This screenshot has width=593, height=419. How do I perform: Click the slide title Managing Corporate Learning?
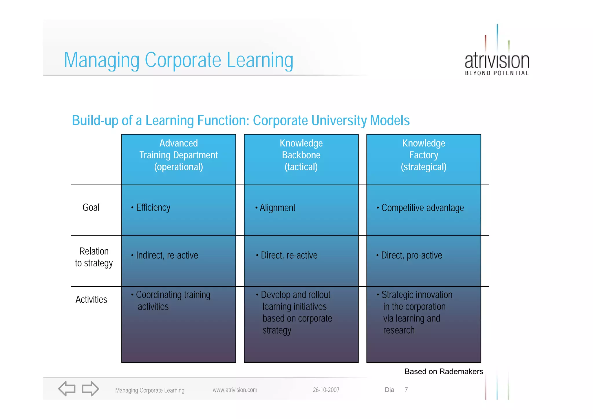pyautogui.click(x=178, y=60)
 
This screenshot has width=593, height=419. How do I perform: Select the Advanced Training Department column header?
pyautogui.click(x=178, y=155)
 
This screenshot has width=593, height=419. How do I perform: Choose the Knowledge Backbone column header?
pyautogui.click(x=301, y=155)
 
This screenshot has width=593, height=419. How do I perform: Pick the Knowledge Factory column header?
pyautogui.click(x=424, y=155)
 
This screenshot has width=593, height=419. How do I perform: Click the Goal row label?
pyautogui.click(x=91, y=208)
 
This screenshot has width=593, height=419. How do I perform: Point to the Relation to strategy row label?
pyautogui.click(x=94, y=257)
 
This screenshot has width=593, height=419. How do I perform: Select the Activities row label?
pyautogui.click(x=91, y=299)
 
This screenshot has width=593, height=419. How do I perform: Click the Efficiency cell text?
pyautogui.click(x=153, y=208)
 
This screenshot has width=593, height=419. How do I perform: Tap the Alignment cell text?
pyautogui.click(x=277, y=208)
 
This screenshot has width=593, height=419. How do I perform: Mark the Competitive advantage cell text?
pyautogui.click(x=422, y=208)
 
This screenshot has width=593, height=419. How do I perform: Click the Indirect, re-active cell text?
pyautogui.click(x=167, y=255)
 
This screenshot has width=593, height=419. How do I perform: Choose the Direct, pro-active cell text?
pyautogui.click(x=411, y=255)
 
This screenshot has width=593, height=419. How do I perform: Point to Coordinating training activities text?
pyautogui.click(x=173, y=301)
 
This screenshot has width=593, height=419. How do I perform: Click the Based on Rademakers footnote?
pyautogui.click(x=444, y=372)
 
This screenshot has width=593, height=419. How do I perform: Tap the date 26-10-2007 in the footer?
pyautogui.click(x=326, y=390)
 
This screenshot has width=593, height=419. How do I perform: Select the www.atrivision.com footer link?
pyautogui.click(x=235, y=390)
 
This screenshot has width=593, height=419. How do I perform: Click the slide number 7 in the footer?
pyautogui.click(x=406, y=390)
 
